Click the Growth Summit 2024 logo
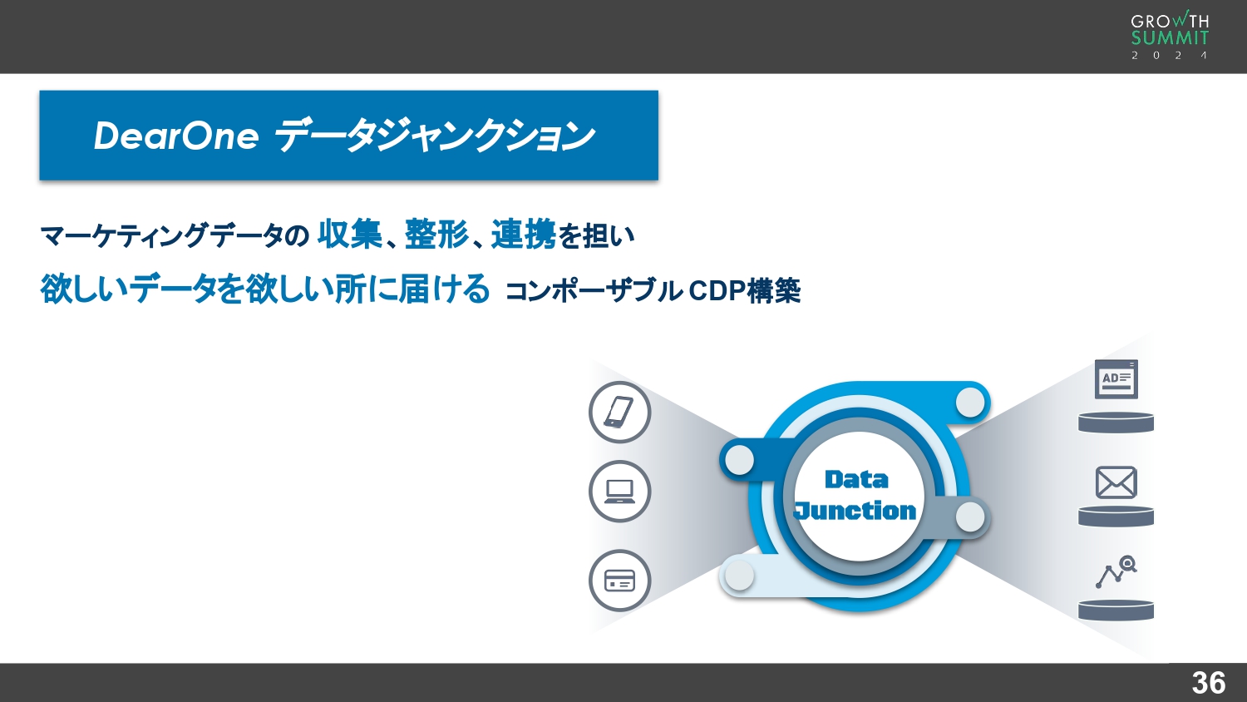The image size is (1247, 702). tap(1170, 36)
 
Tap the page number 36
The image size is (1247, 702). tap(1208, 683)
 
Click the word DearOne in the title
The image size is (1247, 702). tap(176, 136)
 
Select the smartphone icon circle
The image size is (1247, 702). tap(619, 413)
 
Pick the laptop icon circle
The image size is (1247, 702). tap(619, 492)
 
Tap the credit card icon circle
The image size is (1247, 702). tap(619, 581)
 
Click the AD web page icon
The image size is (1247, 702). tap(1116, 379)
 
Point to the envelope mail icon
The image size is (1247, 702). tap(1116, 482)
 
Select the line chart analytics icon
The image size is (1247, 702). tap(1116, 572)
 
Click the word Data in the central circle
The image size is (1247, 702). tap(856, 480)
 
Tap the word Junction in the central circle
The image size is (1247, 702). tap(855, 510)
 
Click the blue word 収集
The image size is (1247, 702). tap(350, 235)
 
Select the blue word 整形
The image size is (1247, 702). tap(436, 235)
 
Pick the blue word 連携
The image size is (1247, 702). tap(523, 235)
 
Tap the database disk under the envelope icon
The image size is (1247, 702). tap(1116, 517)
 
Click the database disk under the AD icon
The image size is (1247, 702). tap(1116, 423)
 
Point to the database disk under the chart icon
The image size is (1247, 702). tap(1116, 611)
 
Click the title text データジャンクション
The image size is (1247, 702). tap(434, 136)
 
